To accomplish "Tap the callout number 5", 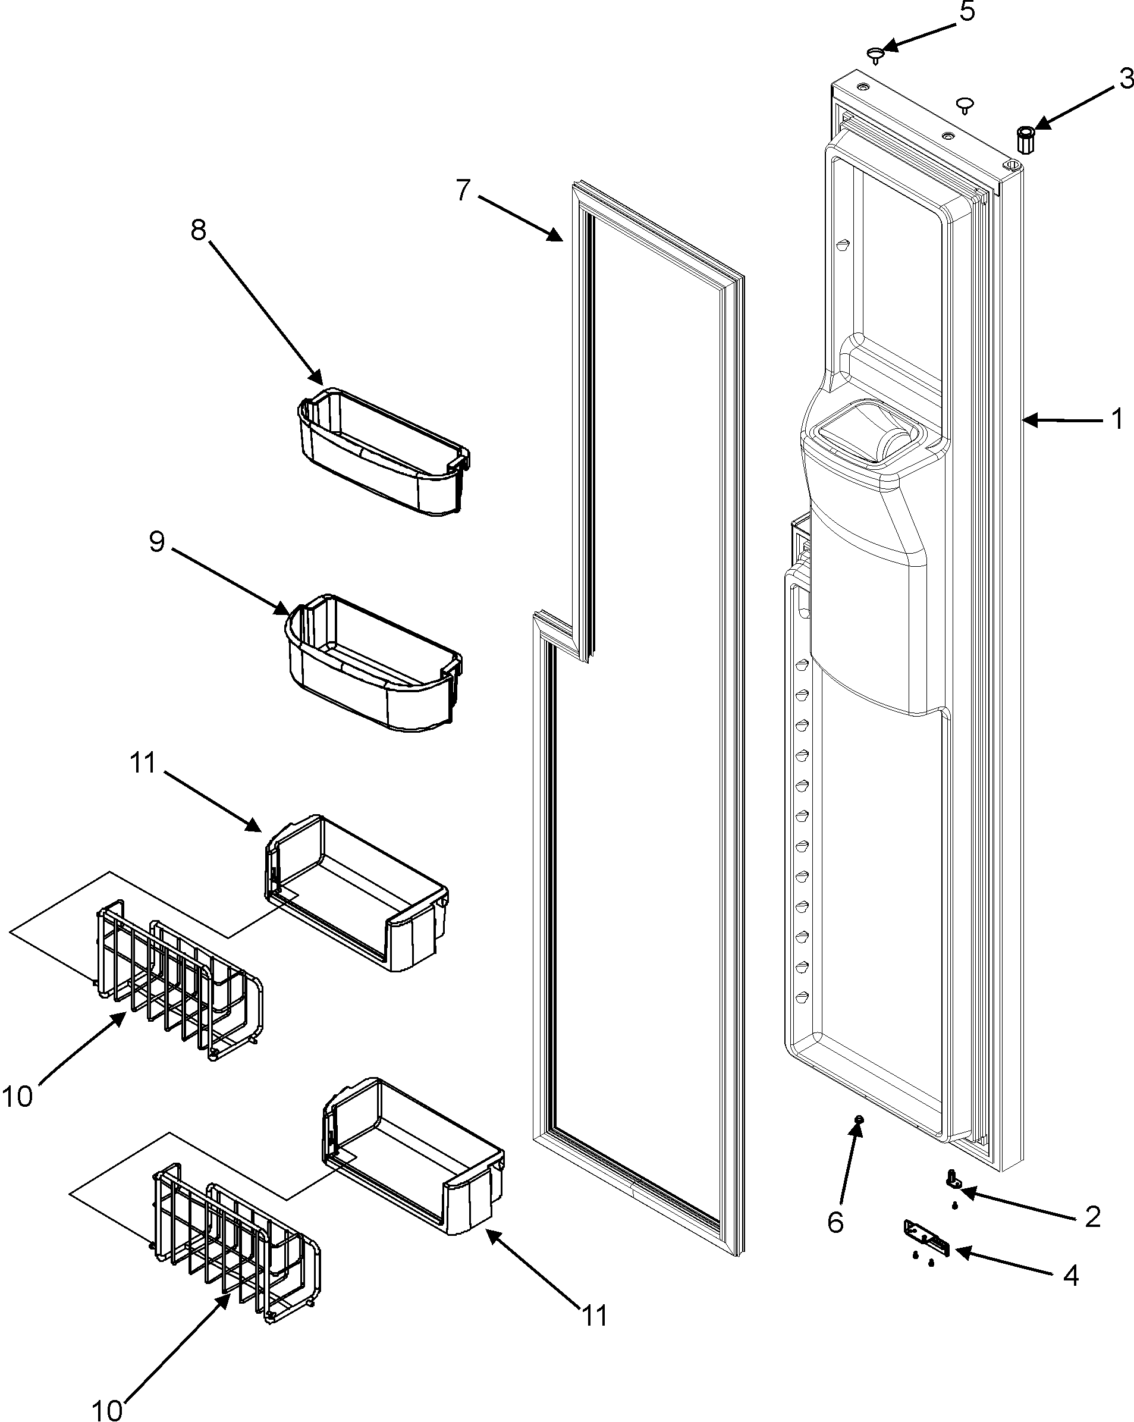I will (967, 11).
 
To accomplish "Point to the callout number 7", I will (463, 190).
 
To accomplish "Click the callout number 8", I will (199, 230).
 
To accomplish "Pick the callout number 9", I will (157, 541).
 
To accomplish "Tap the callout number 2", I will (1092, 1216).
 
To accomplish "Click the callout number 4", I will (1072, 1276).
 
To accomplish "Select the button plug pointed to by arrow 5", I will (875, 54).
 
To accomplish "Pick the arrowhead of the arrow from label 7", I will (558, 238).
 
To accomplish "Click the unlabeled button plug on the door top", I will (965, 103).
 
